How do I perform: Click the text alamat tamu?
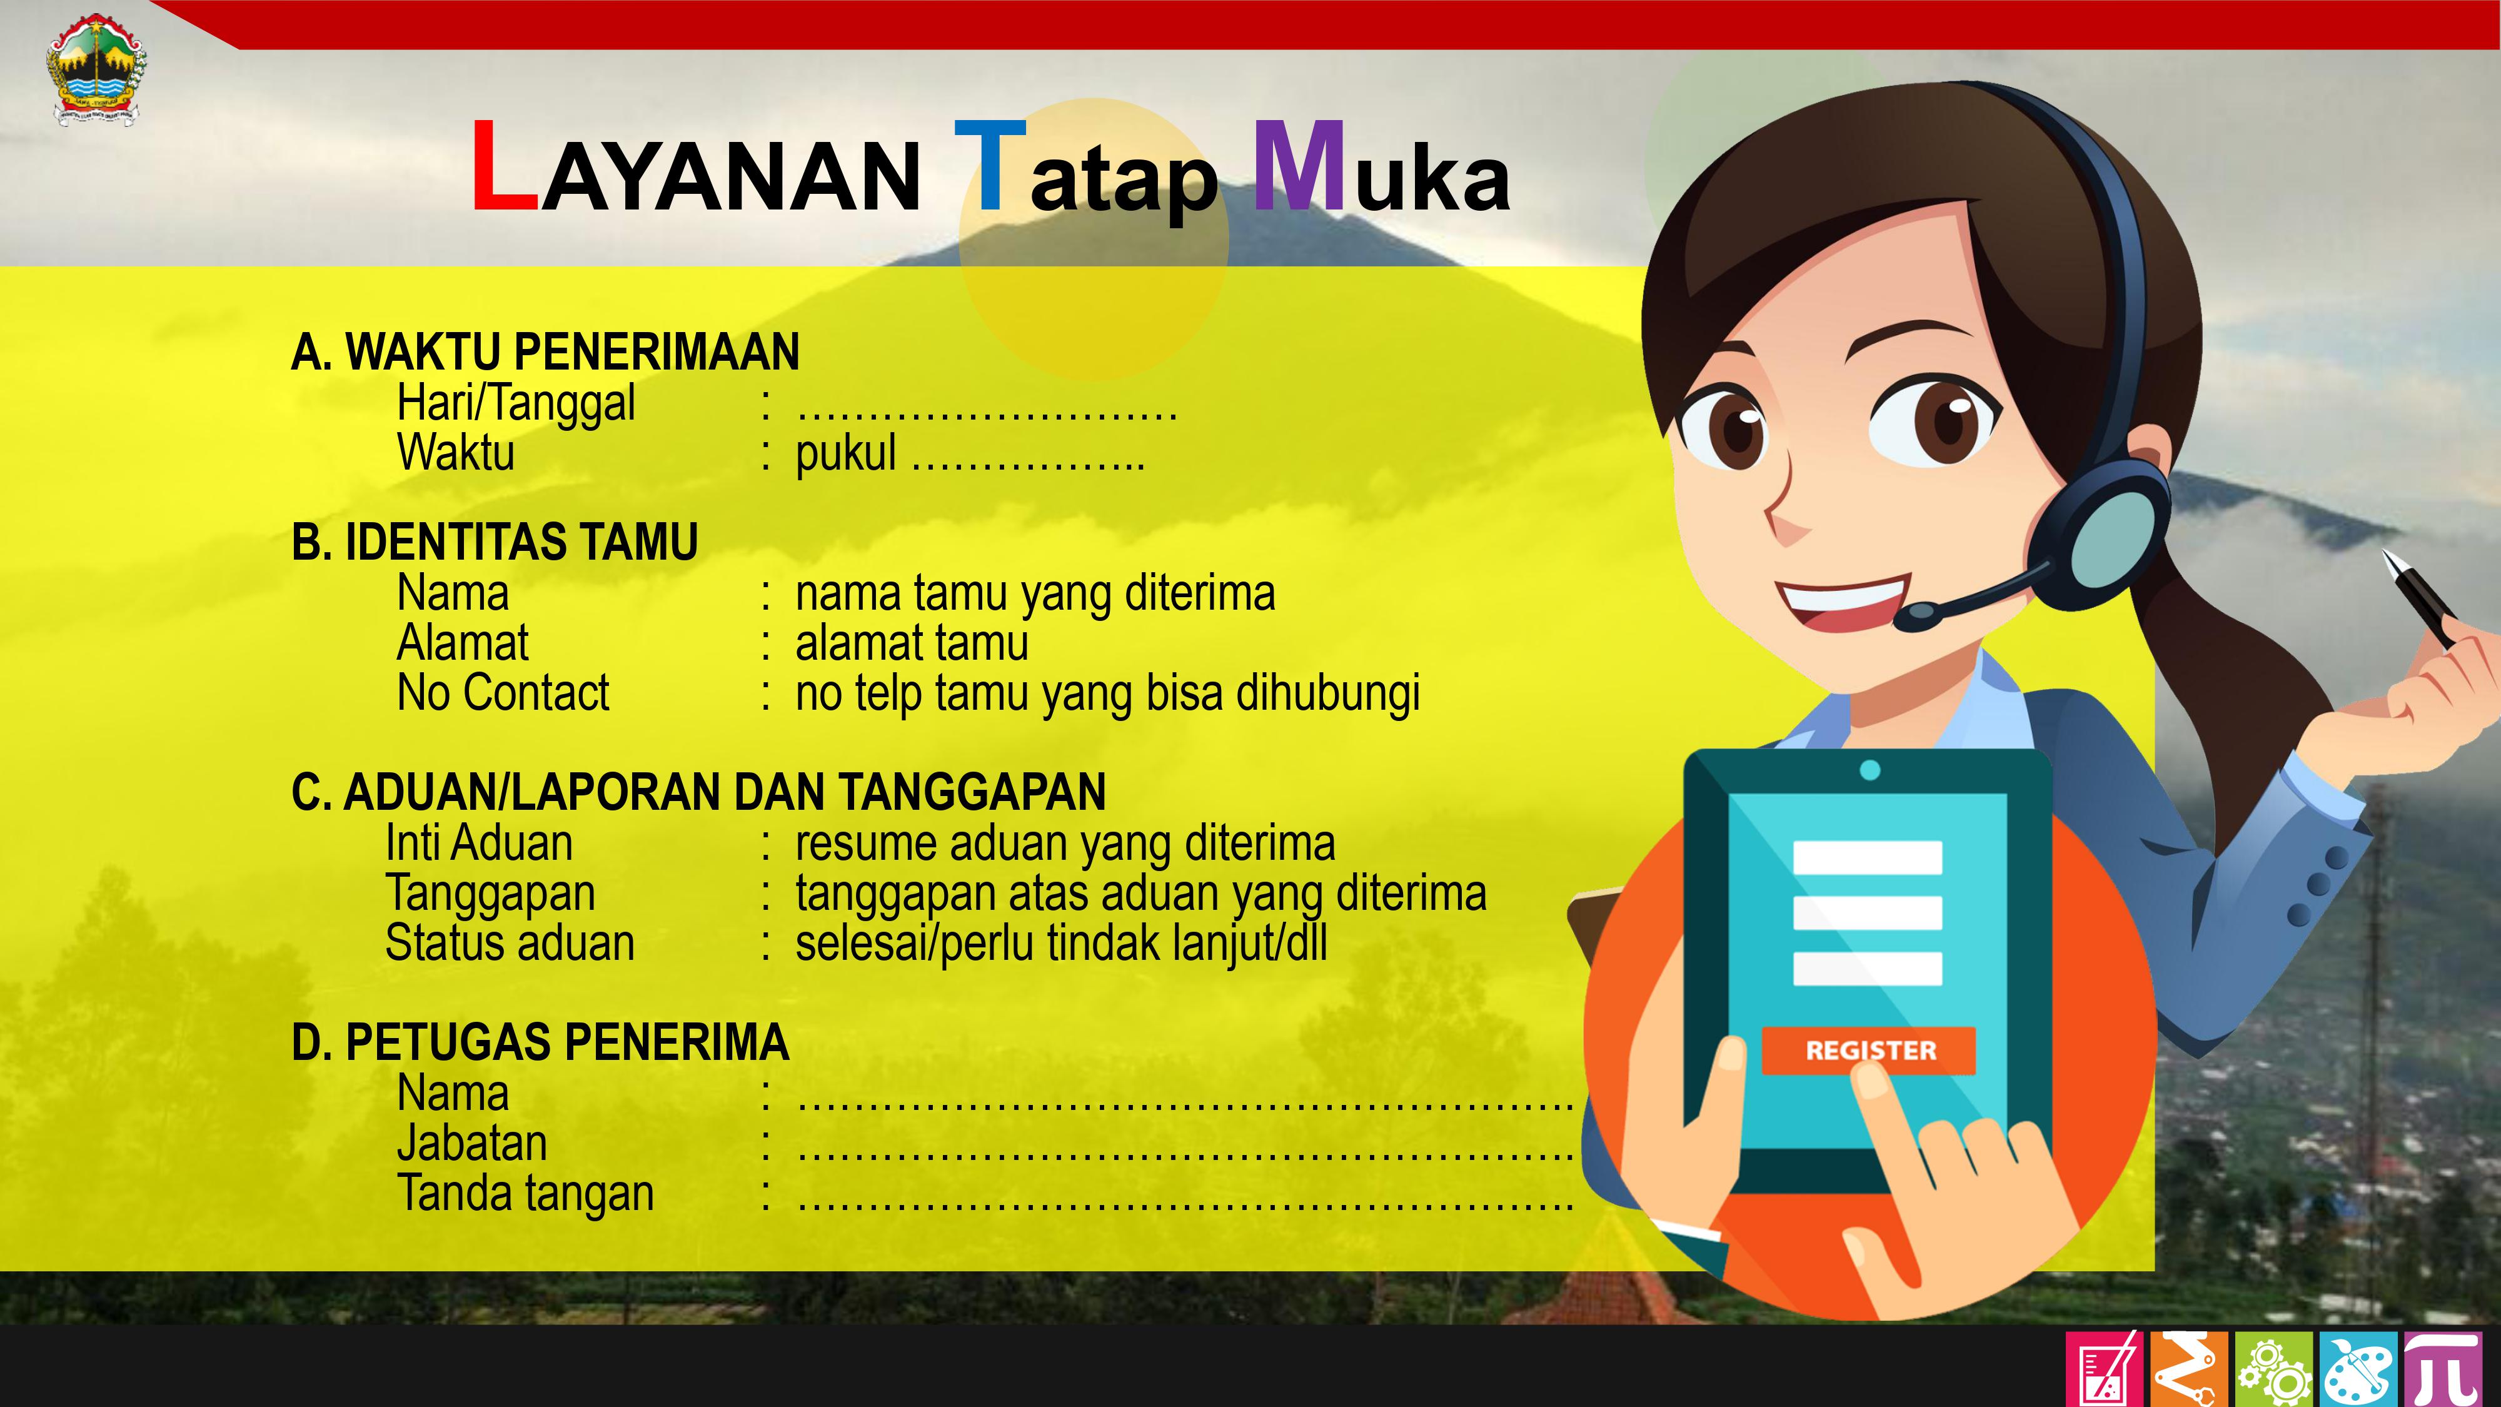(x=912, y=643)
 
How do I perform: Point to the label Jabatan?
(x=472, y=1144)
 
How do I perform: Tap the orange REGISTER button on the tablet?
(x=1869, y=1051)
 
